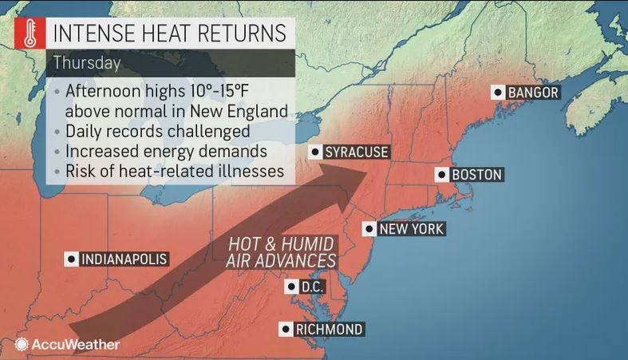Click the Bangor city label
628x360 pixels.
click(x=532, y=93)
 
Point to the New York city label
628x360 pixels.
click(x=410, y=229)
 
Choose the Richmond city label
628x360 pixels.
click(x=328, y=329)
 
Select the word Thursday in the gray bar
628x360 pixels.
click(x=88, y=62)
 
